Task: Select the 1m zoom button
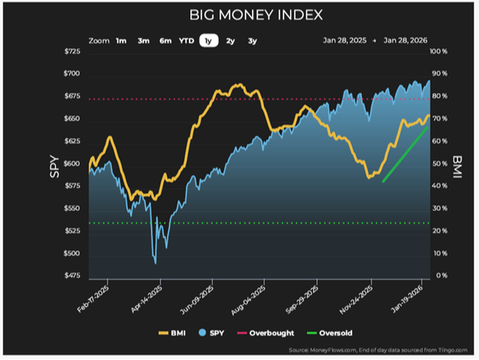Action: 121,41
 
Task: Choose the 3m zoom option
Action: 144,41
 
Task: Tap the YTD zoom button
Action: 187,41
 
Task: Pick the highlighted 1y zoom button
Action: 208,41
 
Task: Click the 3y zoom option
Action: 253,41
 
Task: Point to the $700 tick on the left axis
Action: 71,74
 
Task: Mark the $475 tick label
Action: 71,276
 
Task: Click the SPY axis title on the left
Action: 55,163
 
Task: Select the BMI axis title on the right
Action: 456,163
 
